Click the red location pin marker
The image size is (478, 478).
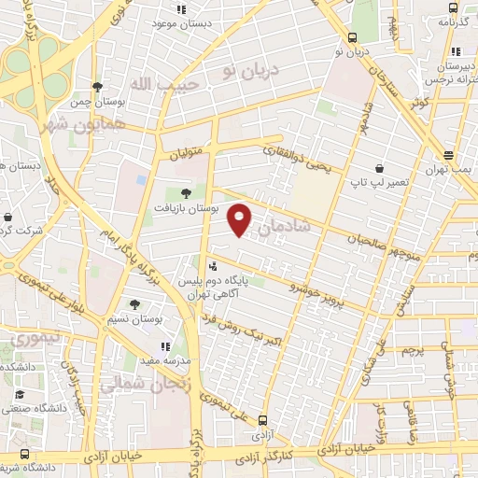(240, 218)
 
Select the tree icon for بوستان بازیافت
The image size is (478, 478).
(185, 193)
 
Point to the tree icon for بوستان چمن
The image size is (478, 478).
(97, 86)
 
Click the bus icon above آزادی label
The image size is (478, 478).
(262, 421)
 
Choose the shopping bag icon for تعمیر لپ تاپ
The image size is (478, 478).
(379, 169)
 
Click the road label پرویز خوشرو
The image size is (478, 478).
(316, 290)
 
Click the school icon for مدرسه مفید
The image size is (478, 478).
(165, 346)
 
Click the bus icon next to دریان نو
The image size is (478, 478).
(352, 37)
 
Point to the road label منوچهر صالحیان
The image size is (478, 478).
(383, 239)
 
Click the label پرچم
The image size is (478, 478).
(414, 349)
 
